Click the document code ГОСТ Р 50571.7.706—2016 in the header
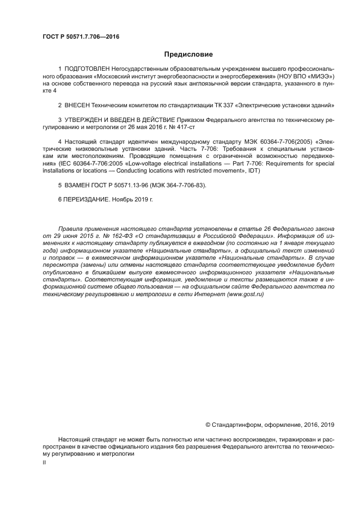click(x=81, y=37)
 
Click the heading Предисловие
click(x=188, y=54)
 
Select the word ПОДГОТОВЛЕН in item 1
click(x=87, y=70)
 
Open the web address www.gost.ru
click(x=245, y=293)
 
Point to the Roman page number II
click(x=45, y=462)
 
